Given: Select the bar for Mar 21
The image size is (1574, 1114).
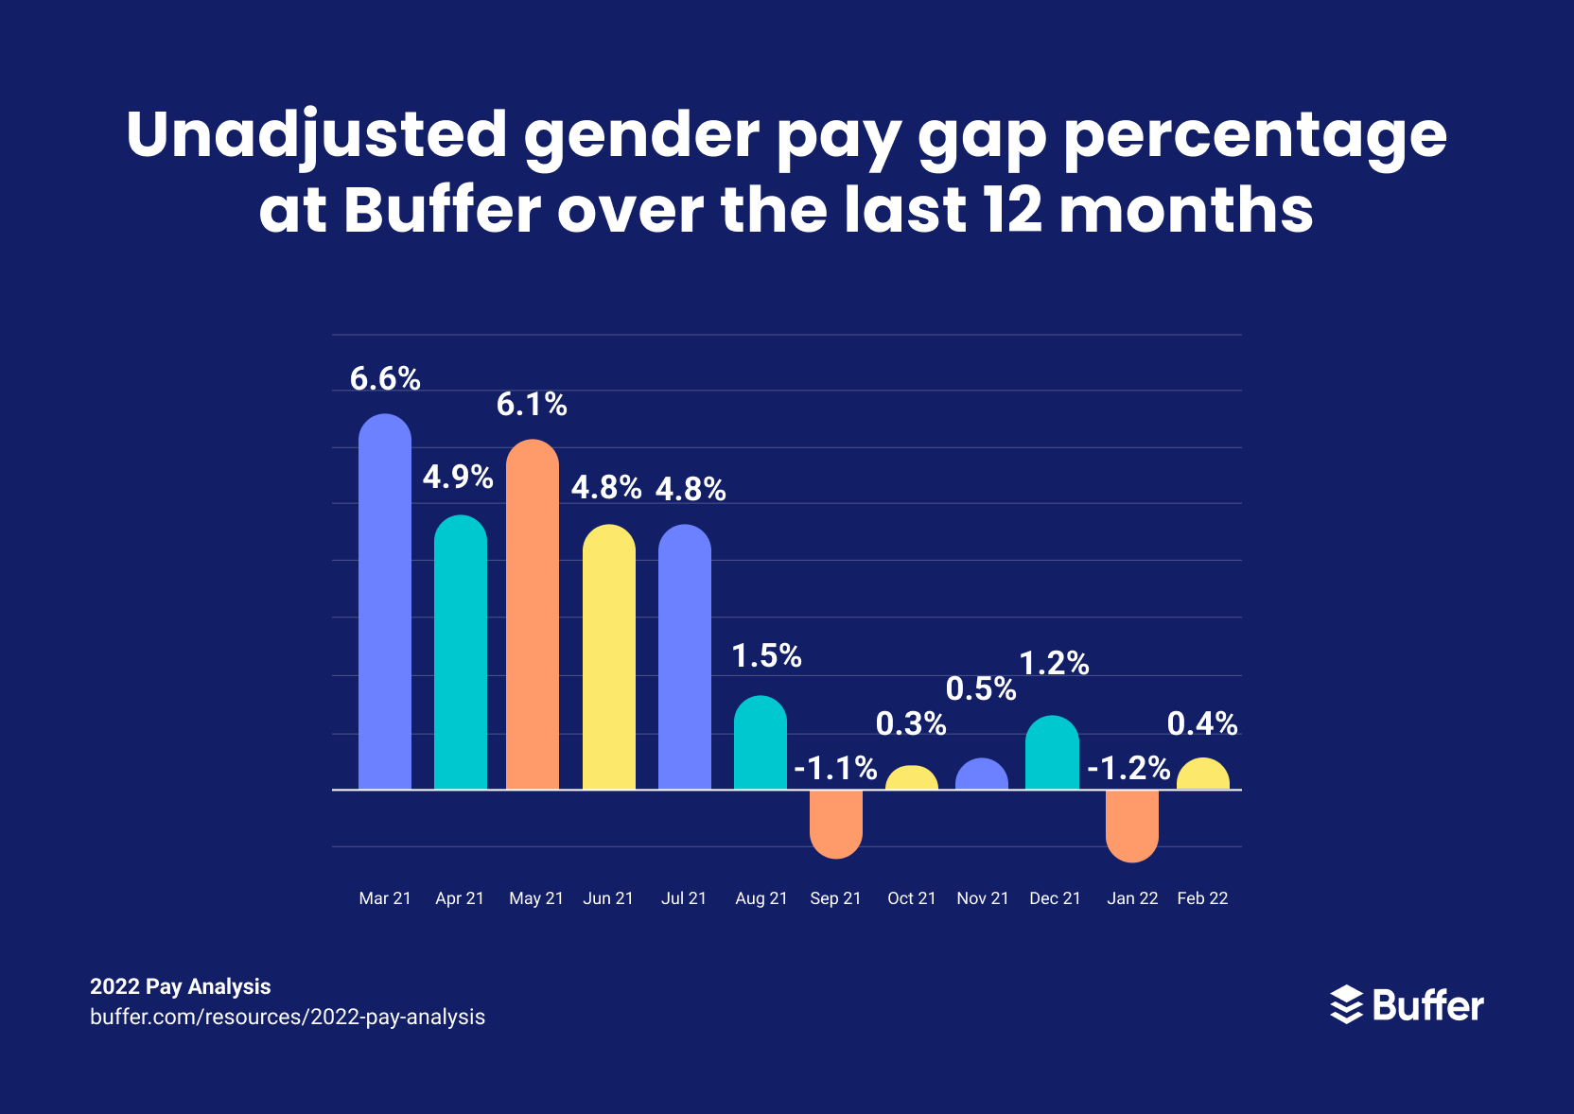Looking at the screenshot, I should click(385, 605).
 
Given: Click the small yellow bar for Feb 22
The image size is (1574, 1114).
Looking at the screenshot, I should click(1203, 775).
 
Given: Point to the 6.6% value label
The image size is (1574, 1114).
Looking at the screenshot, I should click(385, 379).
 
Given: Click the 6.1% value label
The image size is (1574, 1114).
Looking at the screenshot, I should click(532, 405).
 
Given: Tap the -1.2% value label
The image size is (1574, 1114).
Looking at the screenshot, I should click(1128, 768).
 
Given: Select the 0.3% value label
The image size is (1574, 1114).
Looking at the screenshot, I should click(911, 724).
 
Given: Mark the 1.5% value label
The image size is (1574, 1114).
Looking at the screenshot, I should click(767, 656).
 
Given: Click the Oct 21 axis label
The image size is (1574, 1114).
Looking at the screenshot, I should click(911, 898).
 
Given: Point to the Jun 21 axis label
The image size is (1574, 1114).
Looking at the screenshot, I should click(608, 898).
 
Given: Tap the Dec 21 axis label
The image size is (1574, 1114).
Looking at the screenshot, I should click(1055, 898).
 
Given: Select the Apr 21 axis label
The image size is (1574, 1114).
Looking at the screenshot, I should click(460, 898).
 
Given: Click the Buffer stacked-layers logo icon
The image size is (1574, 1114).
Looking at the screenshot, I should click(1346, 1004).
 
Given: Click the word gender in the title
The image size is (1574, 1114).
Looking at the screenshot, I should click(641, 134).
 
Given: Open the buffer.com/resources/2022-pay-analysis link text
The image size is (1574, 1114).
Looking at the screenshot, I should click(288, 1018).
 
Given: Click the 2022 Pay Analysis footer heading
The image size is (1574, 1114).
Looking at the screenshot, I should click(181, 987).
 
